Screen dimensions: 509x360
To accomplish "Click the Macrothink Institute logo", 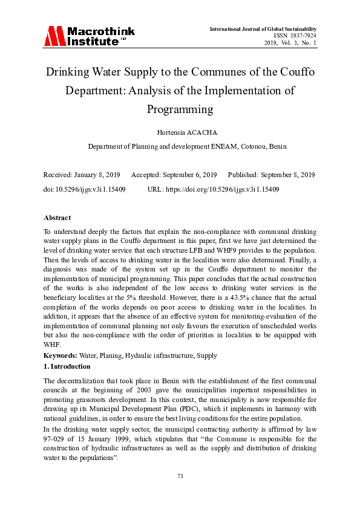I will pyautogui.click(x=88, y=36).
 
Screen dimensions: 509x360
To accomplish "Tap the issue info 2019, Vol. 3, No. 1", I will pyautogui.click(x=290, y=43).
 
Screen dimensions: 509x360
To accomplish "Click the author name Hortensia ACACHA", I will pyautogui.click(x=180, y=132).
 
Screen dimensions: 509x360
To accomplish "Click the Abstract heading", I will pyautogui.click(x=57, y=218).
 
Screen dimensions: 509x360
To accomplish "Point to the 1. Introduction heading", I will pyautogui.click(x=67, y=366).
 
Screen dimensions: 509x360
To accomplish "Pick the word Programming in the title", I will pyautogui.click(x=180, y=109).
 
